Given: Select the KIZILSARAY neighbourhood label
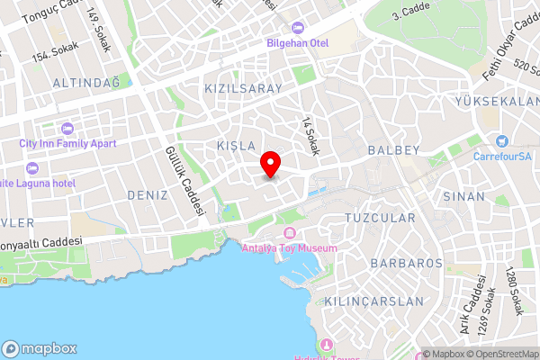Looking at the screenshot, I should [x=243, y=88].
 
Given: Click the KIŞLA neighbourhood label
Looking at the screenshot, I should [x=237, y=145].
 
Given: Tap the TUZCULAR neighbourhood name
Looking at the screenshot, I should [x=381, y=218].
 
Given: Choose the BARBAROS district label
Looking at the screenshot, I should [x=406, y=263].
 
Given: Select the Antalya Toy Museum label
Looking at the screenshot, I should [x=290, y=248].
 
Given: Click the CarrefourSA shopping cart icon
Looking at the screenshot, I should [x=501, y=140].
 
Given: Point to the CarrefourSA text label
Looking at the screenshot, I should [x=503, y=155].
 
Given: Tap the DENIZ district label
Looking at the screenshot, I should [x=148, y=194].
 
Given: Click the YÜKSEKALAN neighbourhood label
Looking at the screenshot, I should [x=499, y=101].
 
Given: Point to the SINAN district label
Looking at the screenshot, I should [x=463, y=195].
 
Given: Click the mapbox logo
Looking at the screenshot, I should [x=40, y=348].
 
